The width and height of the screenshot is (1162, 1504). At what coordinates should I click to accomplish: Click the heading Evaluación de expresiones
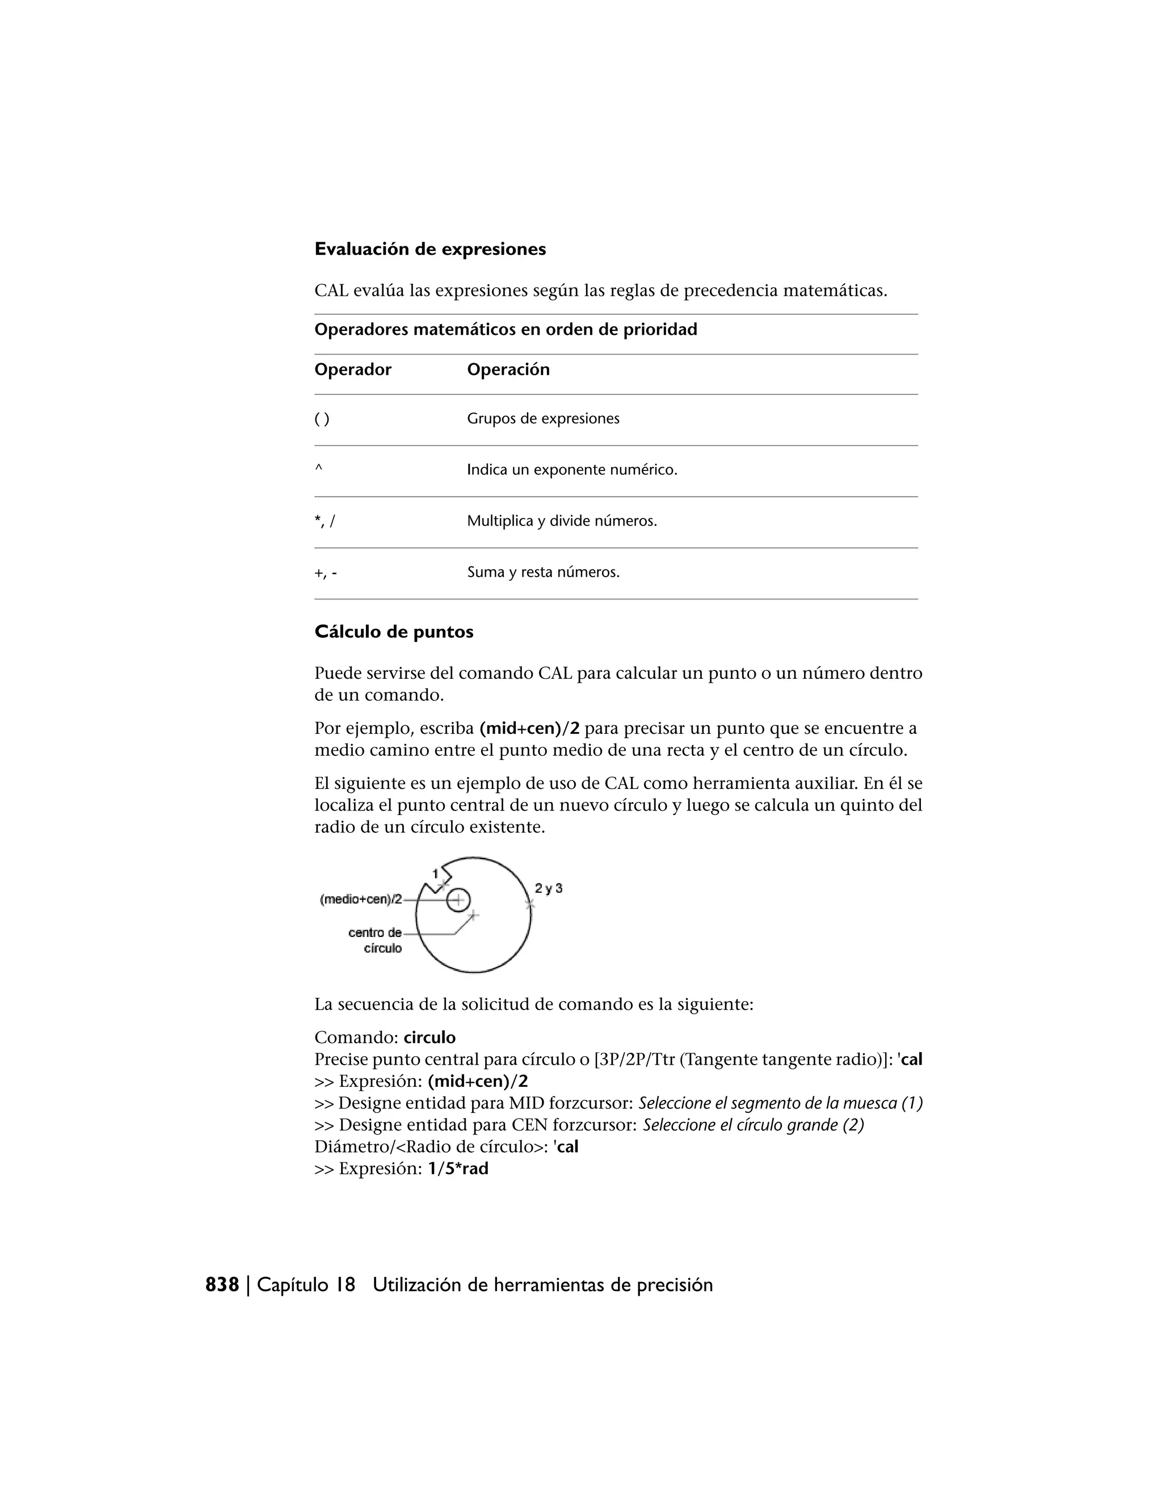pos(430,249)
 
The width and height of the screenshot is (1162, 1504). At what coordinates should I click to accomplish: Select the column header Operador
pos(352,370)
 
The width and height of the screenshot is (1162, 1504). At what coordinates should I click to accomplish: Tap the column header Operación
pos(508,370)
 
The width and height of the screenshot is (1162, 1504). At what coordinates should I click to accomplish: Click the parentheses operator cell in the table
pos(322,419)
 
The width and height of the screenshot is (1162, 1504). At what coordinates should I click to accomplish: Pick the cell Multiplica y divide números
pos(562,522)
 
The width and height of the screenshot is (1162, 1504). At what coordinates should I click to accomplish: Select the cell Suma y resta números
pos(543,572)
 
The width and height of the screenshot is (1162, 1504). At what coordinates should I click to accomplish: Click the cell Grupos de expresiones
pos(543,419)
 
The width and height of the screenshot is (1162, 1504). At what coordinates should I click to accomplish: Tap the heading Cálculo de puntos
pos(394,632)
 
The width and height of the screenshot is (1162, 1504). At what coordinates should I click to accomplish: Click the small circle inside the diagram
pos(458,900)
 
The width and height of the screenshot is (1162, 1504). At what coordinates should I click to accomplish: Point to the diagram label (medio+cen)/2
pos(361,900)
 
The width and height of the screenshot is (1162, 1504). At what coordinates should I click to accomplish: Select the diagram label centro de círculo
pos(376,940)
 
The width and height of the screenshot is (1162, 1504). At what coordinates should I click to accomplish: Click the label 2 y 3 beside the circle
pos(549,888)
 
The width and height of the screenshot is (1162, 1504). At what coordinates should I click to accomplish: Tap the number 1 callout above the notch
pos(435,874)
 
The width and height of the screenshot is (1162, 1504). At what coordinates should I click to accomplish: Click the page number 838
pos(222,1285)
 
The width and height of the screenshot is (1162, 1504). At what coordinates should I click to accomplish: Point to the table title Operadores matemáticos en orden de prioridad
pos(506,330)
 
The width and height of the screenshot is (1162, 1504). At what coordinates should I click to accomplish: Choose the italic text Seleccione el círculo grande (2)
pos(753,1125)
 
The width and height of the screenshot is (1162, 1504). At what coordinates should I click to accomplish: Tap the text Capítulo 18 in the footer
pos(306,1285)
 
